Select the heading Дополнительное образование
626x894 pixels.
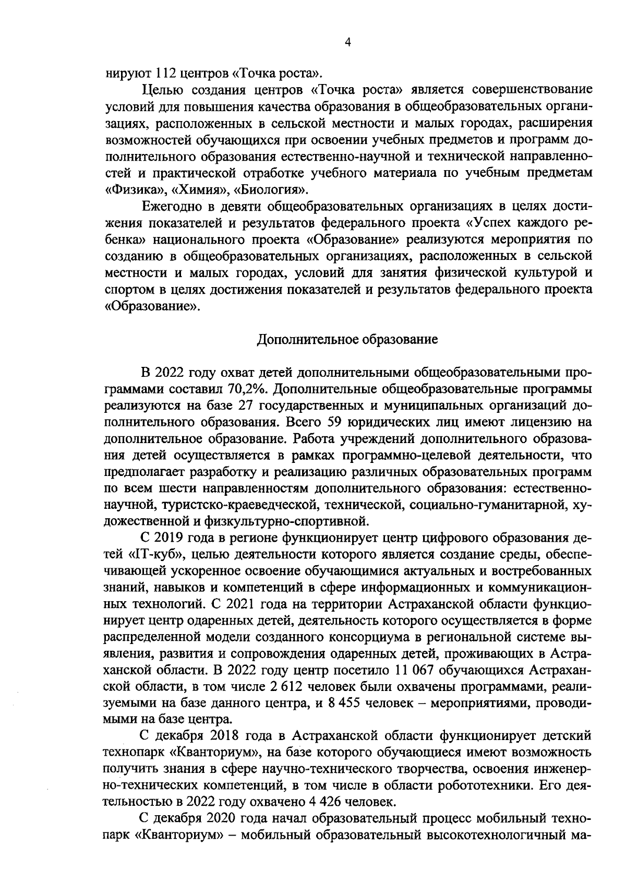[x=347, y=340]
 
